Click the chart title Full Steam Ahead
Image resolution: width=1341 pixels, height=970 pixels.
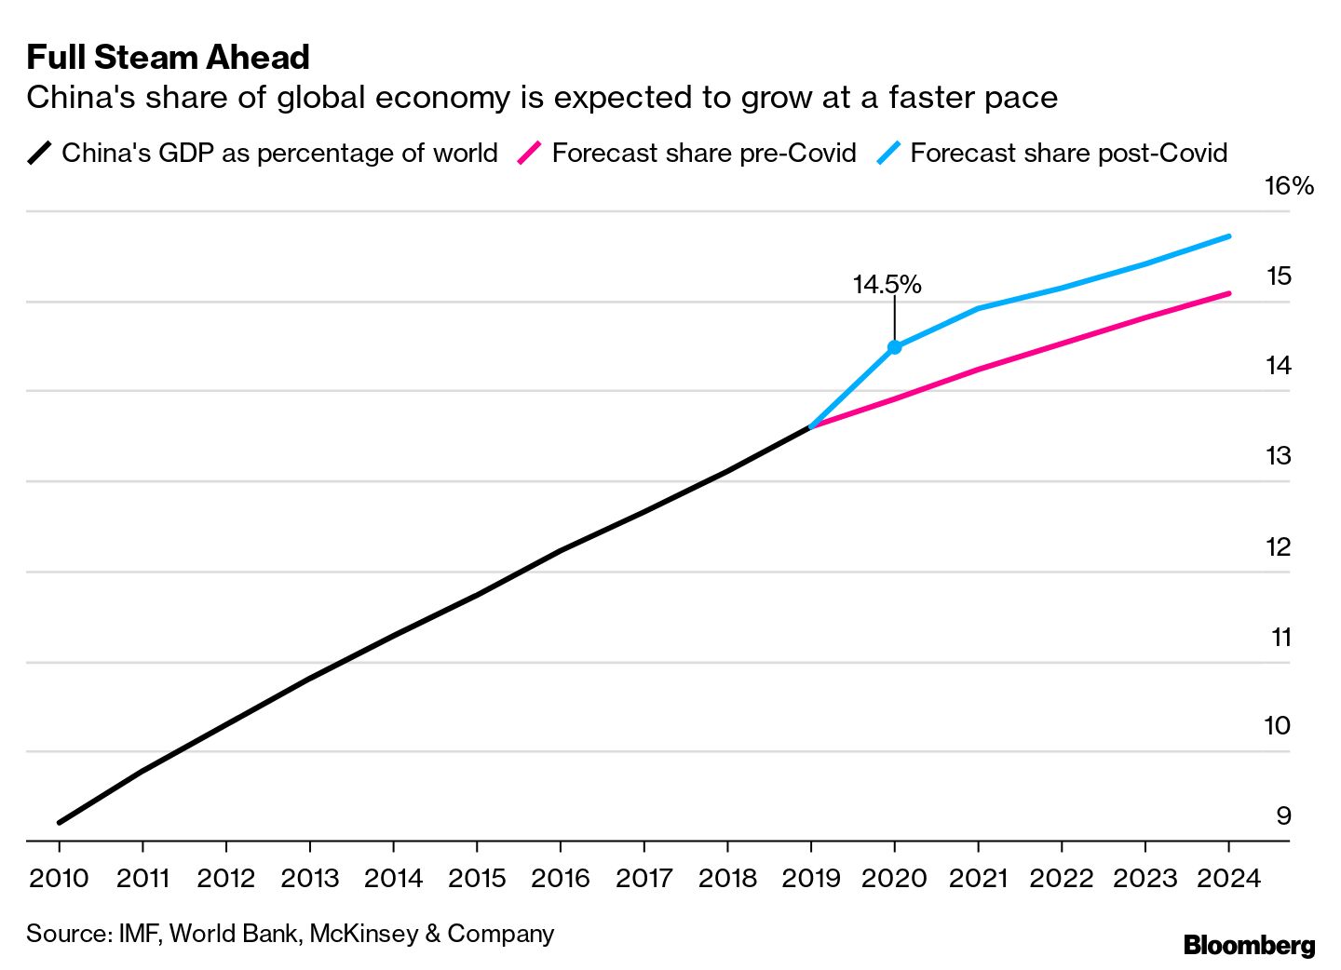point(168,58)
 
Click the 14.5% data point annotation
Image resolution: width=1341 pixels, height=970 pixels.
point(887,284)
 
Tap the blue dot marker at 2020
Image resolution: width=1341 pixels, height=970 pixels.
point(895,347)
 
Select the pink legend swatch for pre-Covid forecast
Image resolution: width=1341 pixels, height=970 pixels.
point(529,153)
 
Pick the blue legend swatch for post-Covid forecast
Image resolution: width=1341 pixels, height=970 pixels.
point(888,153)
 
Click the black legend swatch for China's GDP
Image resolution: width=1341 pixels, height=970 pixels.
point(39,153)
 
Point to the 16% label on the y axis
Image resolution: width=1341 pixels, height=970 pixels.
point(1288,186)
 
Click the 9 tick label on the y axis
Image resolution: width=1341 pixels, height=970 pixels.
point(1283,815)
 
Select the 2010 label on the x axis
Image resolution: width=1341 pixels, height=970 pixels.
point(59,878)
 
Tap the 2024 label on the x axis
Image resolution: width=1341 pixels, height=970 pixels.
point(1228,878)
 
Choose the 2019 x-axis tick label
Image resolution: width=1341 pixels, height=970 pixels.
point(811,878)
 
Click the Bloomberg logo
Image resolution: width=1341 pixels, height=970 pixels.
point(1249,945)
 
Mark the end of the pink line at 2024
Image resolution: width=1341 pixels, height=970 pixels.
point(1229,293)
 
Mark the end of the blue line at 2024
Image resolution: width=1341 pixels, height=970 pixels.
point(1229,236)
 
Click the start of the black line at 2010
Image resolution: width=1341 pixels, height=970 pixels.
point(60,822)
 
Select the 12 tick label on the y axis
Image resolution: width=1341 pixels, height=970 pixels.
point(1279,546)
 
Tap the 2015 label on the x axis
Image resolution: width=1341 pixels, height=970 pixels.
point(477,878)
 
